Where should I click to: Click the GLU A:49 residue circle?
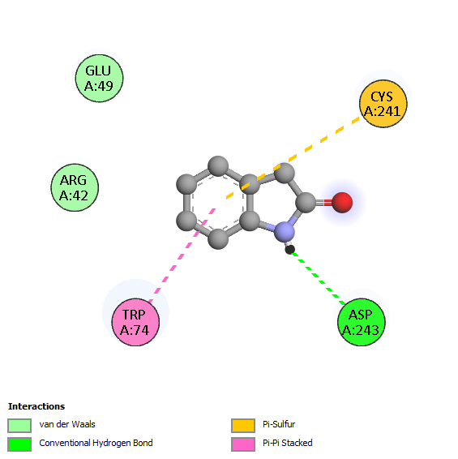pyautogui.click(x=99, y=78)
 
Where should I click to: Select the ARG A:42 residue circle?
pyautogui.click(x=75, y=187)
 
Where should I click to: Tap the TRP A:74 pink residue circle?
pyautogui.click(x=135, y=322)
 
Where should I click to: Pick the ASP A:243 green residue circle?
pyautogui.click(x=362, y=322)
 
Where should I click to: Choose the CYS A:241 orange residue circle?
pyautogui.click(x=383, y=104)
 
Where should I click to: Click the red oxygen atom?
pyautogui.click(x=342, y=202)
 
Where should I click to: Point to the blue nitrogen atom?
pyautogui.click(x=285, y=232)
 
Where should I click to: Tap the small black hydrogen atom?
pyautogui.click(x=289, y=250)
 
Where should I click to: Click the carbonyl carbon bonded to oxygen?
pyautogui.click(x=306, y=202)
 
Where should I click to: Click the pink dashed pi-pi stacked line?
pyautogui.click(x=182, y=255)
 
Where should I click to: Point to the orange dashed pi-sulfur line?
pyautogui.click(x=293, y=158)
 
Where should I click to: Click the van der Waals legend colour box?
pyautogui.click(x=19, y=425)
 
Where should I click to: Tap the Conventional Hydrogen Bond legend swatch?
pyautogui.click(x=19, y=444)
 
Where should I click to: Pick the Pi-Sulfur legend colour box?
pyautogui.click(x=243, y=425)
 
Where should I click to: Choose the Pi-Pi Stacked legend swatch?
pyautogui.click(x=243, y=444)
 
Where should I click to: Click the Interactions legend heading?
pyautogui.click(x=36, y=406)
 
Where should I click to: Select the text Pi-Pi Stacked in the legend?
pyautogui.click(x=288, y=443)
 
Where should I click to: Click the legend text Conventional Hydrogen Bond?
pyautogui.click(x=96, y=444)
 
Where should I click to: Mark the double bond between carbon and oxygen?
pyautogui.click(x=324, y=202)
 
